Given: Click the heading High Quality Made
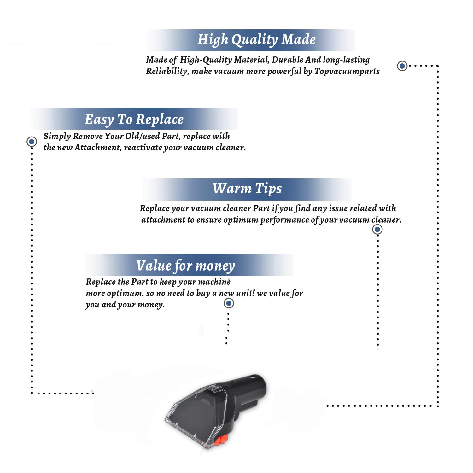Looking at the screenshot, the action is coord(256,40).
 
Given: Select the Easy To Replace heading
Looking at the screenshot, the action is coord(134,120).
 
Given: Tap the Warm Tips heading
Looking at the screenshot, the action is coord(247,189).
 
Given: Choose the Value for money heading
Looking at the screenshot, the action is coord(186,266).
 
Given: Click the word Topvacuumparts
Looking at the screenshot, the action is coord(347,72).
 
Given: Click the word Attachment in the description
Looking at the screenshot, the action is coord(98,148).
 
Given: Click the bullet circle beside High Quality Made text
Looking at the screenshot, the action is coord(402,66).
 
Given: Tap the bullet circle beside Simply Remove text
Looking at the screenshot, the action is coord(32,142).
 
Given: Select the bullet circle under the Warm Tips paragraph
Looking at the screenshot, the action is coord(377,229).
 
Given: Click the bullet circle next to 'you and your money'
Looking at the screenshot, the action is coord(229,303).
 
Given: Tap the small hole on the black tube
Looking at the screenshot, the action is coord(253,377).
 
